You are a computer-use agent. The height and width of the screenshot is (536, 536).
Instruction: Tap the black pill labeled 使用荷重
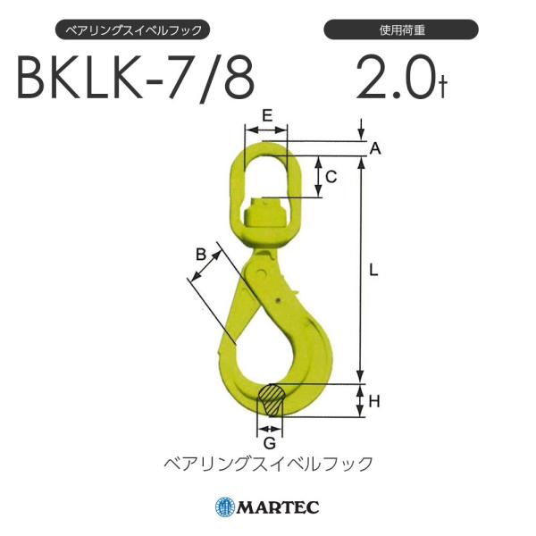click(401, 30)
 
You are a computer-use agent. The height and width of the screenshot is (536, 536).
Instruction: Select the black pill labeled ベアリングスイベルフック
click(134, 30)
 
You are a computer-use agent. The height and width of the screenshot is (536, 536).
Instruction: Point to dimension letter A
click(375, 150)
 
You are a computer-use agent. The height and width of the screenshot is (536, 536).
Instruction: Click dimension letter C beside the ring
click(331, 177)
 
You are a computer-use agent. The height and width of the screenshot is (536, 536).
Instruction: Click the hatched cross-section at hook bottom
click(271, 400)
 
